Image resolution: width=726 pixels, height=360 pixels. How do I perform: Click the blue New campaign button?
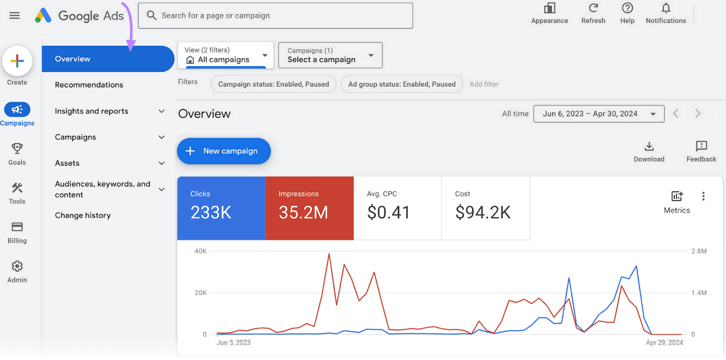coord(223,151)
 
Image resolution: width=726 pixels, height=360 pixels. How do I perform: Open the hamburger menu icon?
coord(15,16)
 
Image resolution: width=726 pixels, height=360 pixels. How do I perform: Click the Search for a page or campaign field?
coord(275,16)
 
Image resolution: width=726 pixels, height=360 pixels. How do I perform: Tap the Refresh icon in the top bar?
coord(593,8)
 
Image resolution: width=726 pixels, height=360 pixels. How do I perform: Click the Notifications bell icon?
coord(666,8)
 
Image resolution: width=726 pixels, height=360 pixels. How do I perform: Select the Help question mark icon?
coord(627,8)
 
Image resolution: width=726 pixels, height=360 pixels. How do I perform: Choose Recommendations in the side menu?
coord(89,85)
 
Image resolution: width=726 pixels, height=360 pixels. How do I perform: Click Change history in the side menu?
coord(83,216)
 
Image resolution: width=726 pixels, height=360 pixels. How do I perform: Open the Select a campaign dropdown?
coord(330,55)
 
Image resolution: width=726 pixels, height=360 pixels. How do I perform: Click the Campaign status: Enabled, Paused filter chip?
coord(273,84)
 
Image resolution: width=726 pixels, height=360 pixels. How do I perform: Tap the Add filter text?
coord(484,84)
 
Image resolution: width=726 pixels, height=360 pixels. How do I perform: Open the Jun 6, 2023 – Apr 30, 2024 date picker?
coord(598,114)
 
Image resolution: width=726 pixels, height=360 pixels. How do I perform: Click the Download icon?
coord(649,147)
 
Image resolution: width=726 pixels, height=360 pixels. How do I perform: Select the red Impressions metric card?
coord(309,208)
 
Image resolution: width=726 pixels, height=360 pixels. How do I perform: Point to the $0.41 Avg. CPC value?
coord(388,212)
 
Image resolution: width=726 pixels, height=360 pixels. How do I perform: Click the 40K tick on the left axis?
coord(200,251)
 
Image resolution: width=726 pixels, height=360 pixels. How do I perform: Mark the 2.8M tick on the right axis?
coord(699,251)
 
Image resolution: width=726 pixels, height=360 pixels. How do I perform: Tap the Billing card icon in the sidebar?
coord(17,227)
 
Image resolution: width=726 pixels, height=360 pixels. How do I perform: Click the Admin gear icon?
coord(17,266)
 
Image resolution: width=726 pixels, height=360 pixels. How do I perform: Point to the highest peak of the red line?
coord(329,254)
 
